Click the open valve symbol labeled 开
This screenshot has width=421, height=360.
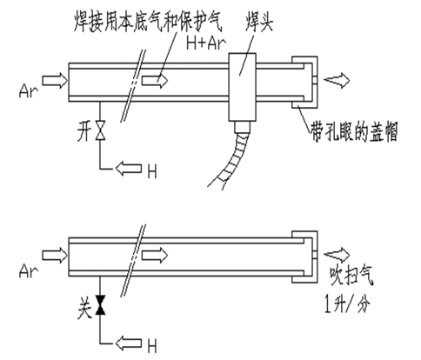pos(101,130)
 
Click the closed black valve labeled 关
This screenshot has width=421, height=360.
pos(101,304)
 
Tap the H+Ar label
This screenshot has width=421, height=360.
pos(206,43)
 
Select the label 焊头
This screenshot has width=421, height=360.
pos(259,22)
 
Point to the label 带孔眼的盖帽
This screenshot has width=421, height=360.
pos(354,132)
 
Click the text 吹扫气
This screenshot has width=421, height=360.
pos(351,276)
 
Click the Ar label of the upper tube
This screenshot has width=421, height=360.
pos(29,90)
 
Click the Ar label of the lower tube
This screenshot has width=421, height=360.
pos(29,271)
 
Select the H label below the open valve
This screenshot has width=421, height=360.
pos(152,171)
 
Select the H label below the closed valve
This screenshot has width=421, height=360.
pos(152,346)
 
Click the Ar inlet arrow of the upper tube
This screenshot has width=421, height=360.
pos(55,80)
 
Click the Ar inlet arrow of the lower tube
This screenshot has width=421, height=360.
pos(55,256)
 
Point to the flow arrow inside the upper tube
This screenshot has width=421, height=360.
pos(155,80)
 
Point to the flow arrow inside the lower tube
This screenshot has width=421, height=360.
pos(155,256)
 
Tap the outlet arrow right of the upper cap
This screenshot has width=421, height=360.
pos(337,80)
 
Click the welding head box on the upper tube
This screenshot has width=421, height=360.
pos(243,87)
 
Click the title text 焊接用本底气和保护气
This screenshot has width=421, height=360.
pos(148,22)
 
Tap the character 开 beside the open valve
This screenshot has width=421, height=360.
pos(84,131)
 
